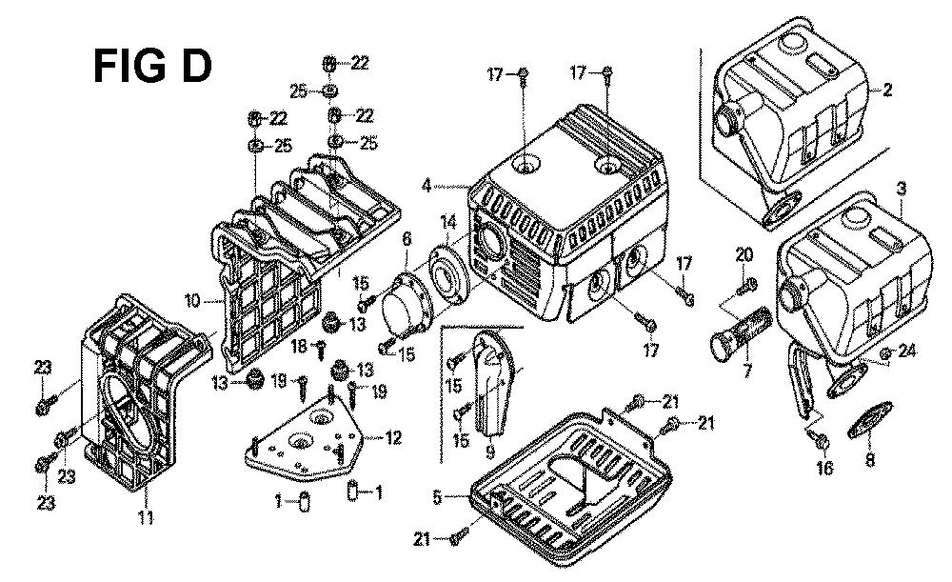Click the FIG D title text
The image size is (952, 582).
tap(151, 68)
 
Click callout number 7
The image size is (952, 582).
tap(747, 367)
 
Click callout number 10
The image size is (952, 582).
tap(190, 301)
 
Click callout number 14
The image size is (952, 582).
tap(447, 222)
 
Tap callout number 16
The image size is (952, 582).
tap(823, 468)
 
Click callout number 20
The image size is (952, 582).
tap(744, 254)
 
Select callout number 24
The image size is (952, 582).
tap(906, 351)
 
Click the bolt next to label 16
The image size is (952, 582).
tap(821, 439)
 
